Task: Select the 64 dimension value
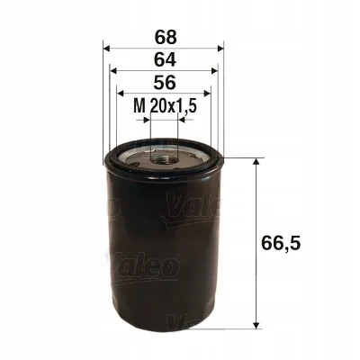coord(163,60)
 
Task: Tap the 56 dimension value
coord(163,84)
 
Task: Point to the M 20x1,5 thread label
coord(165,107)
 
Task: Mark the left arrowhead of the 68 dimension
coord(107,47)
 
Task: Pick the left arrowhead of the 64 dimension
coord(112,70)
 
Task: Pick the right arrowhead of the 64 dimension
coord(215,70)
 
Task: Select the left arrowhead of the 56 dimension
coord(121,94)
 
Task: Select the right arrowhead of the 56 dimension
coord(207,94)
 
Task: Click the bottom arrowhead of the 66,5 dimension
coord(260,323)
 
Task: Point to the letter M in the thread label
coord(139,107)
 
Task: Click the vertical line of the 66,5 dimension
coord(260,241)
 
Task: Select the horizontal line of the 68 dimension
coord(164,47)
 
